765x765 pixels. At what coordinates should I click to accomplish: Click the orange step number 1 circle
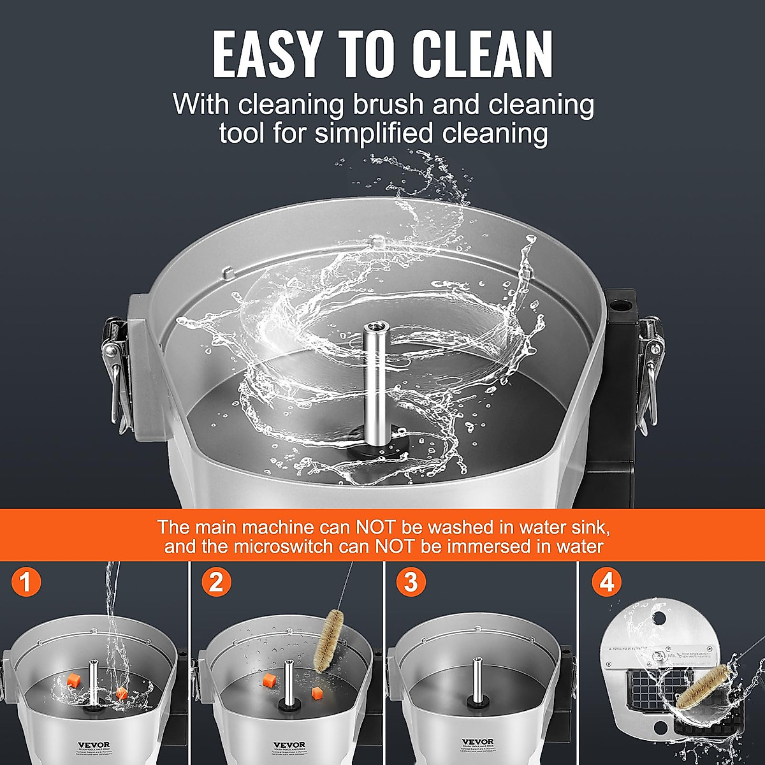coord(26,583)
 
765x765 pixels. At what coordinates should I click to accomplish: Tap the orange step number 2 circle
coord(217,583)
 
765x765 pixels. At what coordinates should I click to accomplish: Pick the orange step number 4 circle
coord(606,583)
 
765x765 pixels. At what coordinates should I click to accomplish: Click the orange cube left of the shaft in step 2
coord(268,681)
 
